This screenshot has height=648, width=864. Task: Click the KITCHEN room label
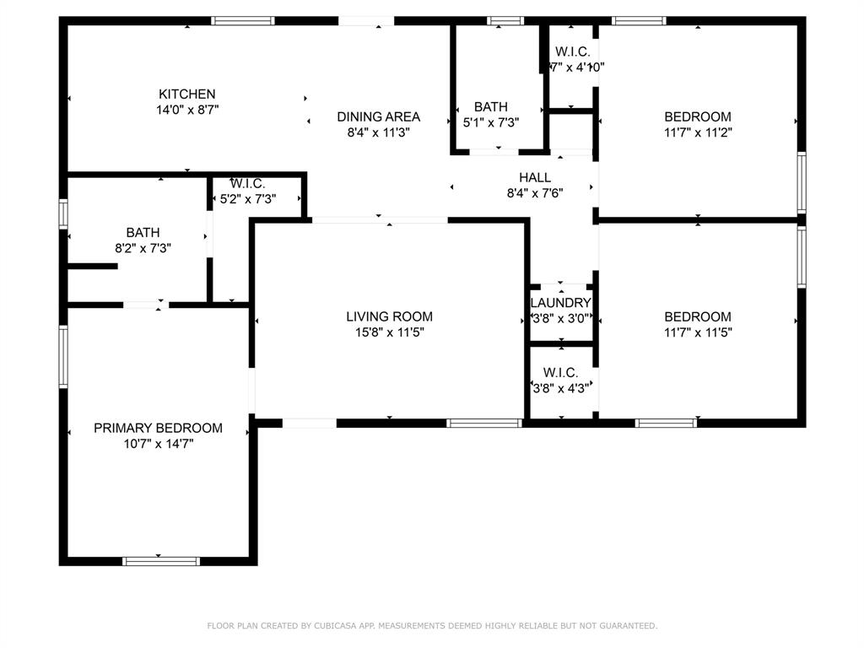click(187, 94)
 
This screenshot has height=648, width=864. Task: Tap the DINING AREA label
click(378, 116)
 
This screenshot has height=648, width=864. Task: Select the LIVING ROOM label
click(389, 316)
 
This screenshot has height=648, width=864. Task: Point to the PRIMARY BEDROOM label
click(158, 428)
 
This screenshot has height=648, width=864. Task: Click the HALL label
click(535, 177)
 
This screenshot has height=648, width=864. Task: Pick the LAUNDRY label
click(560, 303)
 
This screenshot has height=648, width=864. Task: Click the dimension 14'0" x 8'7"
click(187, 109)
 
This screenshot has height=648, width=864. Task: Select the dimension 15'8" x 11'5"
click(389, 332)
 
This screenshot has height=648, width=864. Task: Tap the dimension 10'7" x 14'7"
click(158, 443)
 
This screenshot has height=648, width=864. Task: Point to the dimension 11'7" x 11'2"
click(697, 132)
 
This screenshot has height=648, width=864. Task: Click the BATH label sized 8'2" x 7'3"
click(143, 232)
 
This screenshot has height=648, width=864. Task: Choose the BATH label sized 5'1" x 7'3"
click(491, 106)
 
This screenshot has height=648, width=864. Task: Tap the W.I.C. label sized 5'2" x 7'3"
click(248, 183)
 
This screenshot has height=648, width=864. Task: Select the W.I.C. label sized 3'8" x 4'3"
click(560, 372)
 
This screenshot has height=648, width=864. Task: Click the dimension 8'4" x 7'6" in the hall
click(535, 192)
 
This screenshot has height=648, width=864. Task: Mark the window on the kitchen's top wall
click(243, 20)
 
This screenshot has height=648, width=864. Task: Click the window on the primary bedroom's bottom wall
click(161, 560)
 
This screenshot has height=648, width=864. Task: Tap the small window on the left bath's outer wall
click(63, 213)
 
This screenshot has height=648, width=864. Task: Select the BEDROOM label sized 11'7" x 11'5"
click(697, 316)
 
